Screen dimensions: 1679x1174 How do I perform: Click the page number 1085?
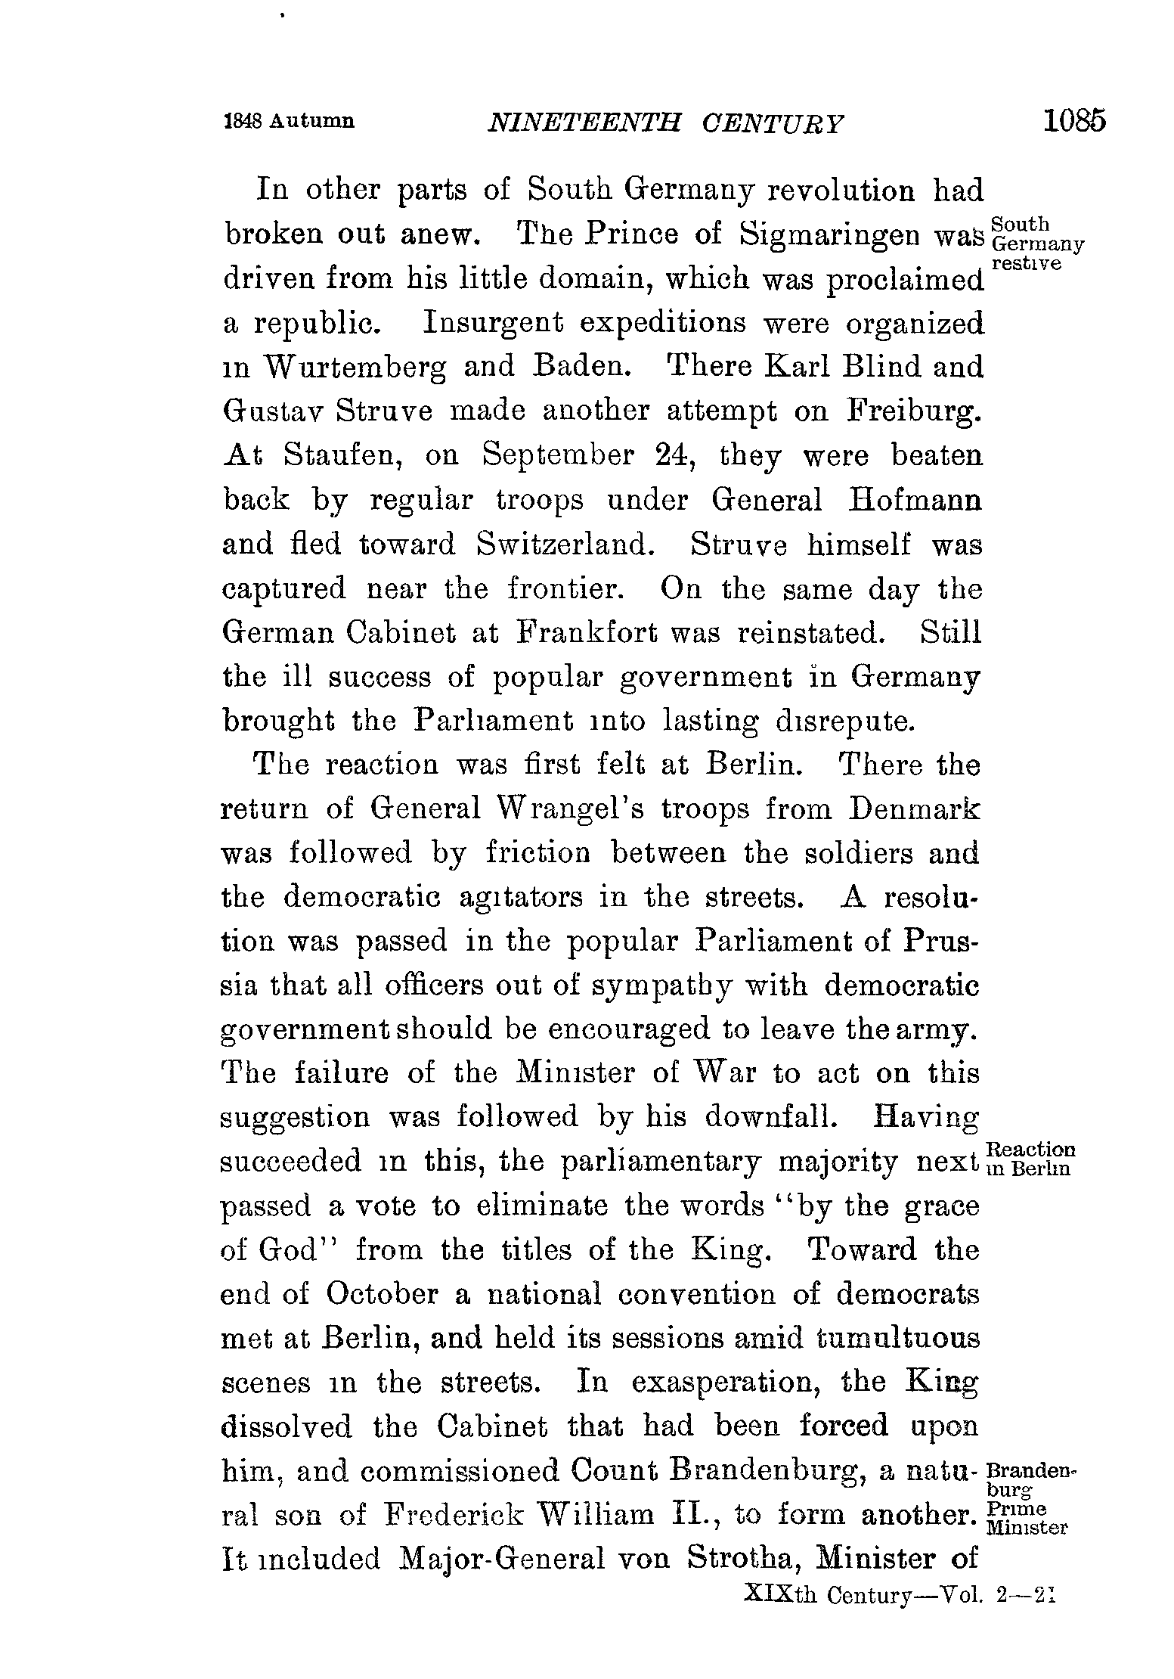(x=1073, y=121)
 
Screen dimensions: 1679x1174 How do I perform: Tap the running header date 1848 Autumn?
(x=289, y=121)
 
